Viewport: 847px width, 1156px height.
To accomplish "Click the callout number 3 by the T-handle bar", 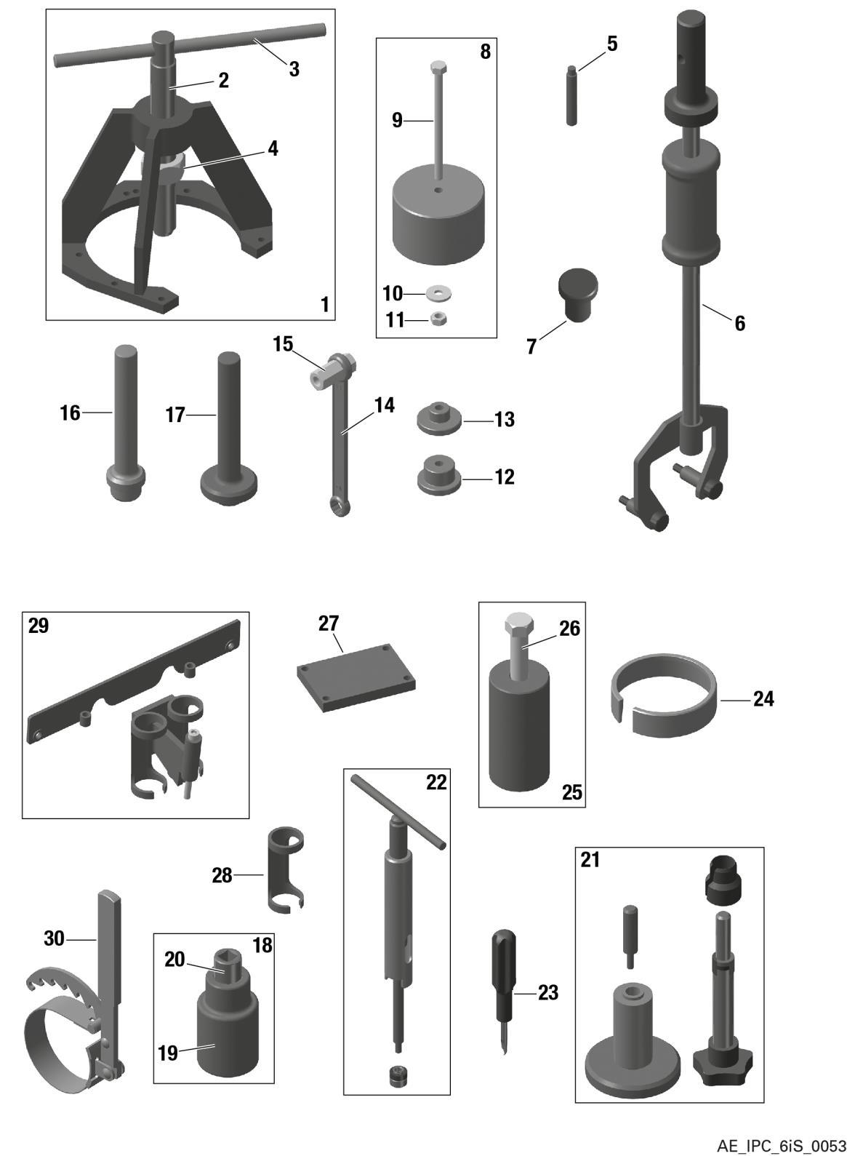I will tap(294, 69).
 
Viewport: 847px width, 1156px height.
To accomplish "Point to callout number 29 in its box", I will tap(39, 625).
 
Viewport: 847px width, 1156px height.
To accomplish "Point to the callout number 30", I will tap(55, 939).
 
